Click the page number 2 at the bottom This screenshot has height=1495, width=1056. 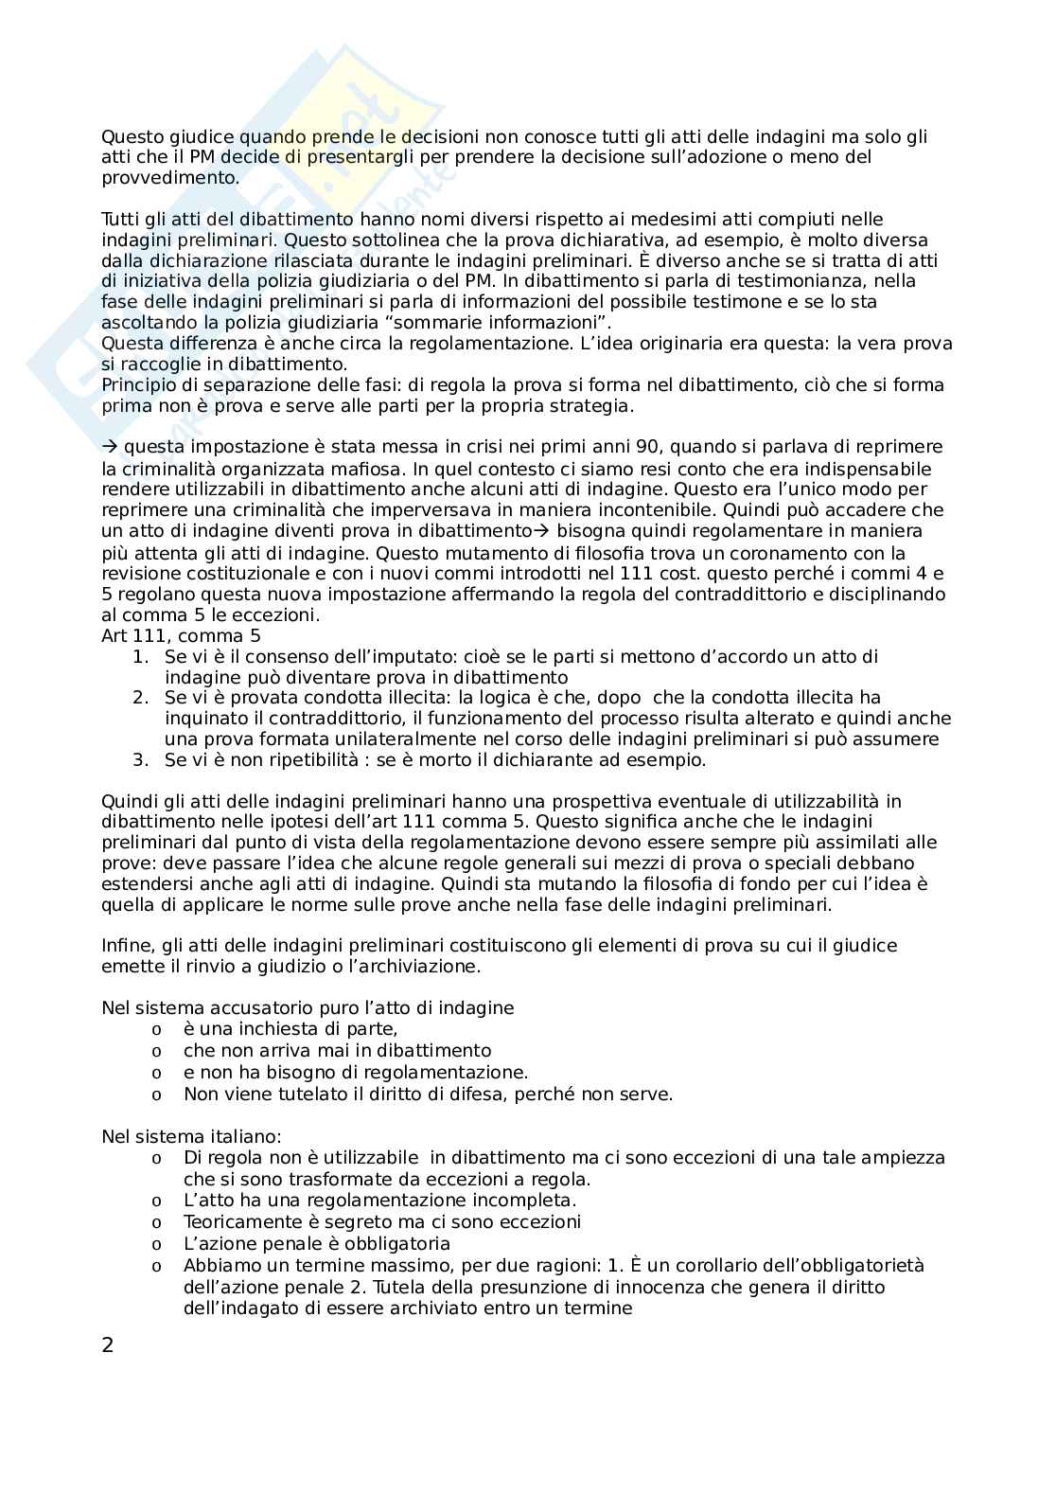[107, 1345]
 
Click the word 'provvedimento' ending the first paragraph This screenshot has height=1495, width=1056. [156, 178]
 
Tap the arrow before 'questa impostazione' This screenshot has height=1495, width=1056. [109, 447]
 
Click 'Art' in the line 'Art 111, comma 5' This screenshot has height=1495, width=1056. [114, 635]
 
